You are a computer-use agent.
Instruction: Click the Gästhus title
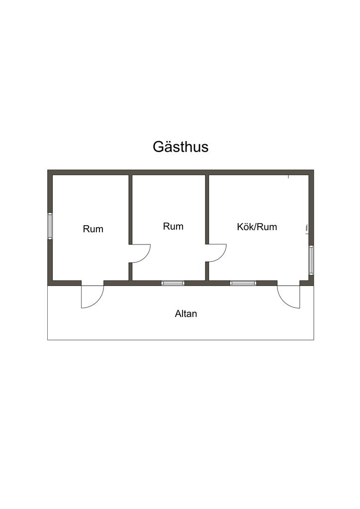(x=180, y=147)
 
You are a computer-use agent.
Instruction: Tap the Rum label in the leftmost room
(x=93, y=229)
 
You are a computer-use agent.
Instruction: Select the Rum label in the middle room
(x=173, y=227)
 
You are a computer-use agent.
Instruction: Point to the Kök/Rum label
(x=257, y=227)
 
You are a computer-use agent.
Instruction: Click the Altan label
(x=186, y=314)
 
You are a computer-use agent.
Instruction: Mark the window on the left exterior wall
(x=50, y=226)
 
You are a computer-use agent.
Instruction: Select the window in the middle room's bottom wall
(x=173, y=283)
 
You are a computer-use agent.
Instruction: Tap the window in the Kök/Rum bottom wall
(x=243, y=283)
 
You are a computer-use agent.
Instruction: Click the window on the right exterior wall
(x=311, y=260)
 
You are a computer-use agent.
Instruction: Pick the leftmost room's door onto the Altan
(x=92, y=295)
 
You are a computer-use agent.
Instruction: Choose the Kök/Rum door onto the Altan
(x=289, y=296)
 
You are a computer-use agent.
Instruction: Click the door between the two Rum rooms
(x=140, y=253)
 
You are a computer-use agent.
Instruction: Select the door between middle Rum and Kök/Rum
(x=217, y=253)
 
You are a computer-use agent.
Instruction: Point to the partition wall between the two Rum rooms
(x=130, y=209)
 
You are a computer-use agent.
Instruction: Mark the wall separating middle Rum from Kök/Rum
(x=207, y=209)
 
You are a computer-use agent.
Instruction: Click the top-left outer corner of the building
(x=48, y=170)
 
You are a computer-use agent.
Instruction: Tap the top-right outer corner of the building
(x=313, y=170)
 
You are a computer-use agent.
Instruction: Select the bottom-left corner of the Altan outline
(x=48, y=339)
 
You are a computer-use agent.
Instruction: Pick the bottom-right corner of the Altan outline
(x=313, y=339)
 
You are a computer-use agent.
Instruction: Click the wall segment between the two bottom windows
(x=207, y=283)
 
